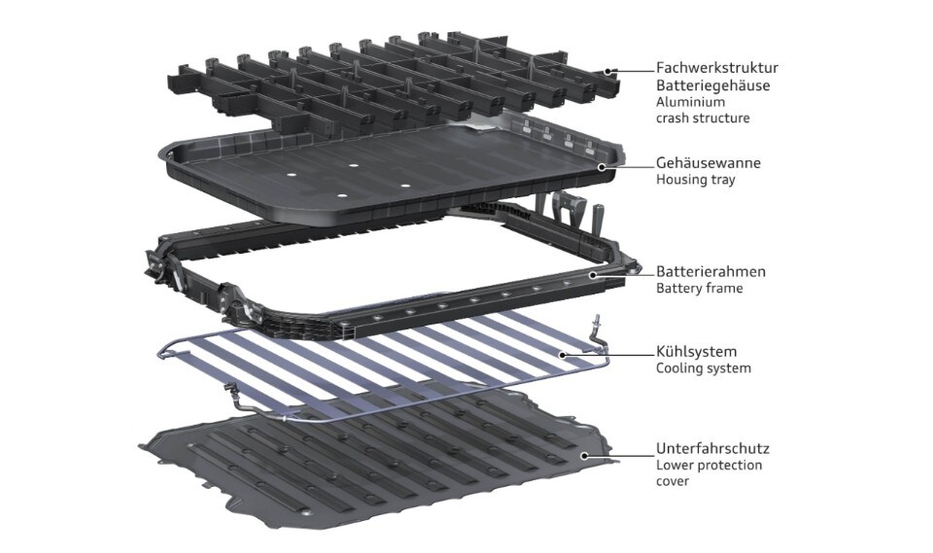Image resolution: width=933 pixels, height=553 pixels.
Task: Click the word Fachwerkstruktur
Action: click(x=717, y=68)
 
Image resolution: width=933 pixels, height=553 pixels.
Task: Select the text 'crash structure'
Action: click(x=703, y=118)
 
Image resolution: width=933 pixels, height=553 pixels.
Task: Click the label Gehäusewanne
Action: click(x=708, y=162)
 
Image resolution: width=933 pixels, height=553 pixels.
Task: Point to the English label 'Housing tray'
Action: click(x=696, y=180)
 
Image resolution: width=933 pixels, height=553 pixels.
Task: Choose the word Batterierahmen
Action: click(x=711, y=271)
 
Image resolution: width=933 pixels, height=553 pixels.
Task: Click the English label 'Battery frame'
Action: click(x=699, y=289)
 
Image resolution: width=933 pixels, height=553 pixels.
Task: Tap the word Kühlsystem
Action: click(x=696, y=351)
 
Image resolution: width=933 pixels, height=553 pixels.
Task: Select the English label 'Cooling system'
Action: click(x=704, y=368)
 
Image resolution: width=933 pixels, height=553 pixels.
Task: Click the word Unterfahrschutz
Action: click(x=712, y=448)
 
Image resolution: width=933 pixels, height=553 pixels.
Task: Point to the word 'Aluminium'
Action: click(x=690, y=102)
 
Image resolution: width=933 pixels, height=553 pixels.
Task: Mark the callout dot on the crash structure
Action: click(x=608, y=71)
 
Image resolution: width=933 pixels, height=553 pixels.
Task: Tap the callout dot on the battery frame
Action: click(x=593, y=275)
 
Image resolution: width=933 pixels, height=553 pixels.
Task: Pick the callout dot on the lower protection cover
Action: click(x=585, y=456)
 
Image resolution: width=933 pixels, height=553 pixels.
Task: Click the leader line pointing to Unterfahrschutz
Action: click(x=619, y=456)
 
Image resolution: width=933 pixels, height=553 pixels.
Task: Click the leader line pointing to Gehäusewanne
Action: click(x=629, y=167)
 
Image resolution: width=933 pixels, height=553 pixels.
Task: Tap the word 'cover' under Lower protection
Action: click(x=673, y=481)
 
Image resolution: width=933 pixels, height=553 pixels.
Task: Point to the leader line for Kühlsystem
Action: click(x=608, y=355)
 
